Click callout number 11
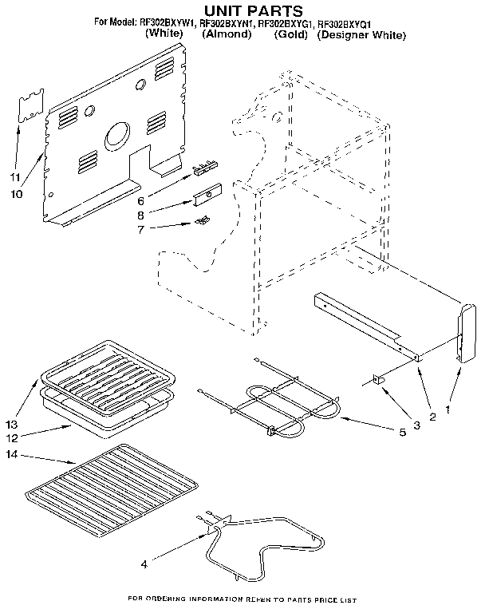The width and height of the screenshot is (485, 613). (14, 176)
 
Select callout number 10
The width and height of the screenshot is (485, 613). (16, 193)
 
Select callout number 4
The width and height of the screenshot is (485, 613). (144, 564)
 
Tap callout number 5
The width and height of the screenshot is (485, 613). (402, 432)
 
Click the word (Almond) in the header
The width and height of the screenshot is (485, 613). (226, 36)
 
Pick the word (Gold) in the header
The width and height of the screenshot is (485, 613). (290, 36)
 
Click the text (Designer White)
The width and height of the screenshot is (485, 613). (361, 36)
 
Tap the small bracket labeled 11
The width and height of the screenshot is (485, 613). (30, 108)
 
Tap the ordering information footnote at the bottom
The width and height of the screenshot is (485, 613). (242, 599)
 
